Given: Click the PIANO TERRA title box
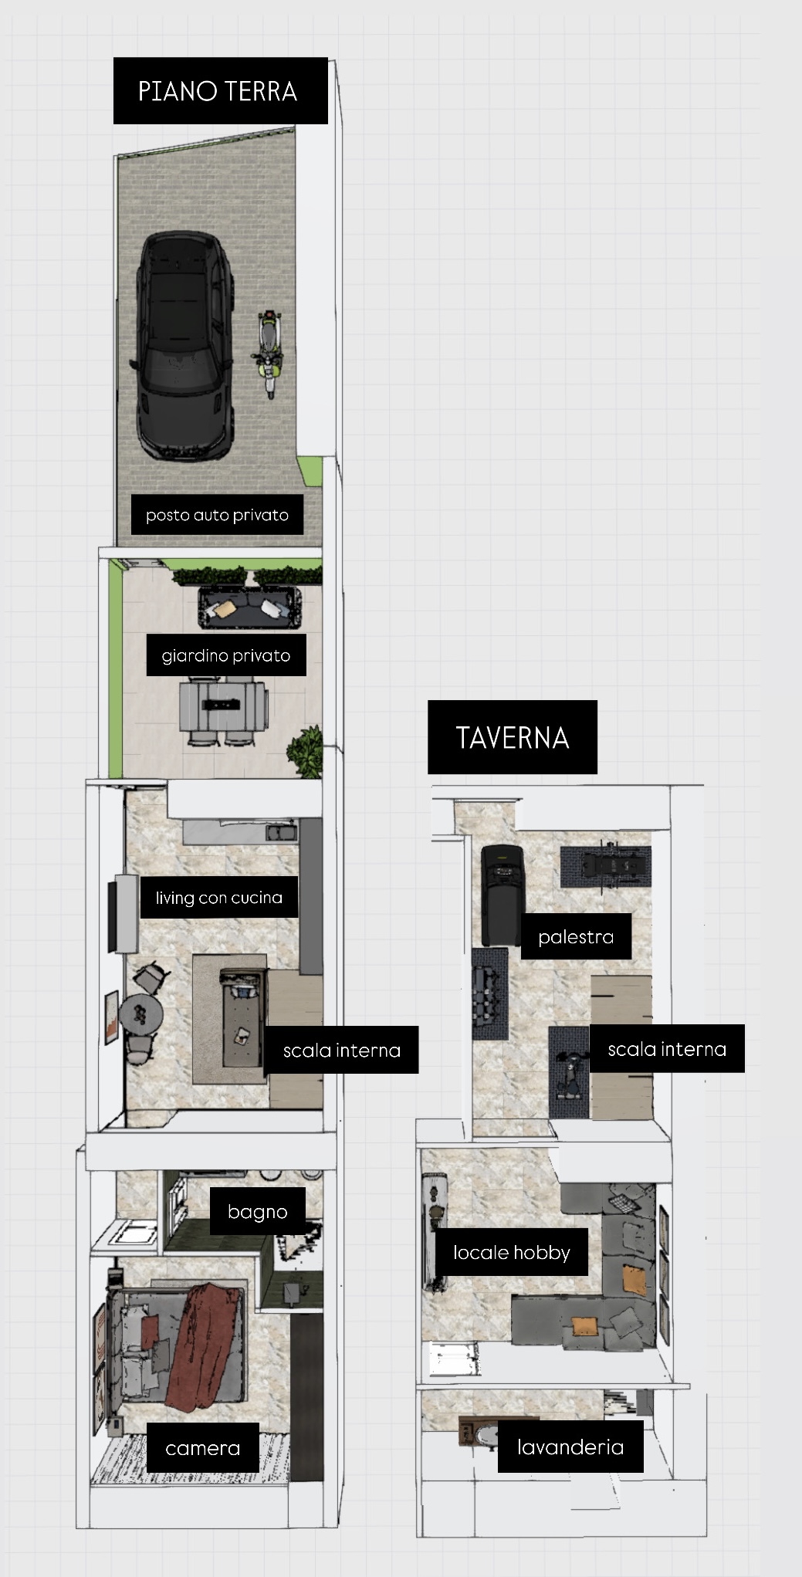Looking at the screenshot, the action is pos(220,90).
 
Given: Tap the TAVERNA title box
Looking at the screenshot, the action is pos(513,737).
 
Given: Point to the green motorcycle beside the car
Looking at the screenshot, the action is pos(268,353).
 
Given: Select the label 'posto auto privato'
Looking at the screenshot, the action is pos(217,515).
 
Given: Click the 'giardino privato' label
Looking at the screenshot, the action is pos(226,655).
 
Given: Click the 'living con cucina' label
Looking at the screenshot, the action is pos(219,897).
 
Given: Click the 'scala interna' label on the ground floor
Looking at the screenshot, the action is pos(341,1050).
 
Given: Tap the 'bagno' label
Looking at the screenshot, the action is pos(258,1211).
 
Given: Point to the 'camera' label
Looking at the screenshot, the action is pos(203,1448).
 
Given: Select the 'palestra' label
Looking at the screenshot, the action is pos(576,936).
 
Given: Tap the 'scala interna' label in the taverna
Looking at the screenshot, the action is pos(667,1048).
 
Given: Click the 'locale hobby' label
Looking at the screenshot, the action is pos(512,1252).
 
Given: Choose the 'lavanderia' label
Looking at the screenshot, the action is pos(570,1446).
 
